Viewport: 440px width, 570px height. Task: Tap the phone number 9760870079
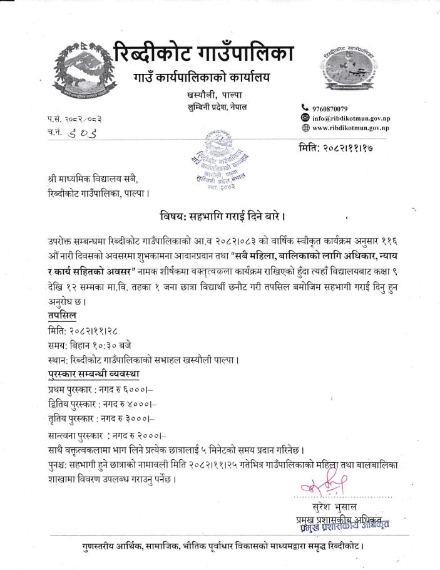tap(339, 109)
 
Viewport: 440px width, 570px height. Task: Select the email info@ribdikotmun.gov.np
tap(351, 118)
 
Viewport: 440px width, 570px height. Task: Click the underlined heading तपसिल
tap(61, 315)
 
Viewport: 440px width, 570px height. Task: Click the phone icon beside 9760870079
tap(305, 109)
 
